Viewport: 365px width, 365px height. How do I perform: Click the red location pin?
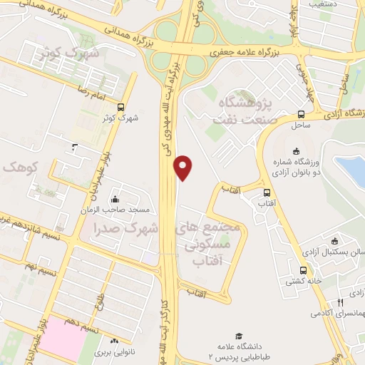pos(184,167)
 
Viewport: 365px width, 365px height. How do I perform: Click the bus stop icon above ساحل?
pos(302,113)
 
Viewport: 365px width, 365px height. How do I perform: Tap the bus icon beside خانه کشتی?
pos(303,270)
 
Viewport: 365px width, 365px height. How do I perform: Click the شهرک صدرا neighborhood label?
pos(124,228)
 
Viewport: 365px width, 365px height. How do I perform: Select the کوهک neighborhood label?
pos(18,167)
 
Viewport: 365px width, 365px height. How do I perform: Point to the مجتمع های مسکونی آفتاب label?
pos(210,242)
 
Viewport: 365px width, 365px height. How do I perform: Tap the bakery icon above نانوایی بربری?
pos(115,341)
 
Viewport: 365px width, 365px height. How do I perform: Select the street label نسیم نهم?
pos(19,263)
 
